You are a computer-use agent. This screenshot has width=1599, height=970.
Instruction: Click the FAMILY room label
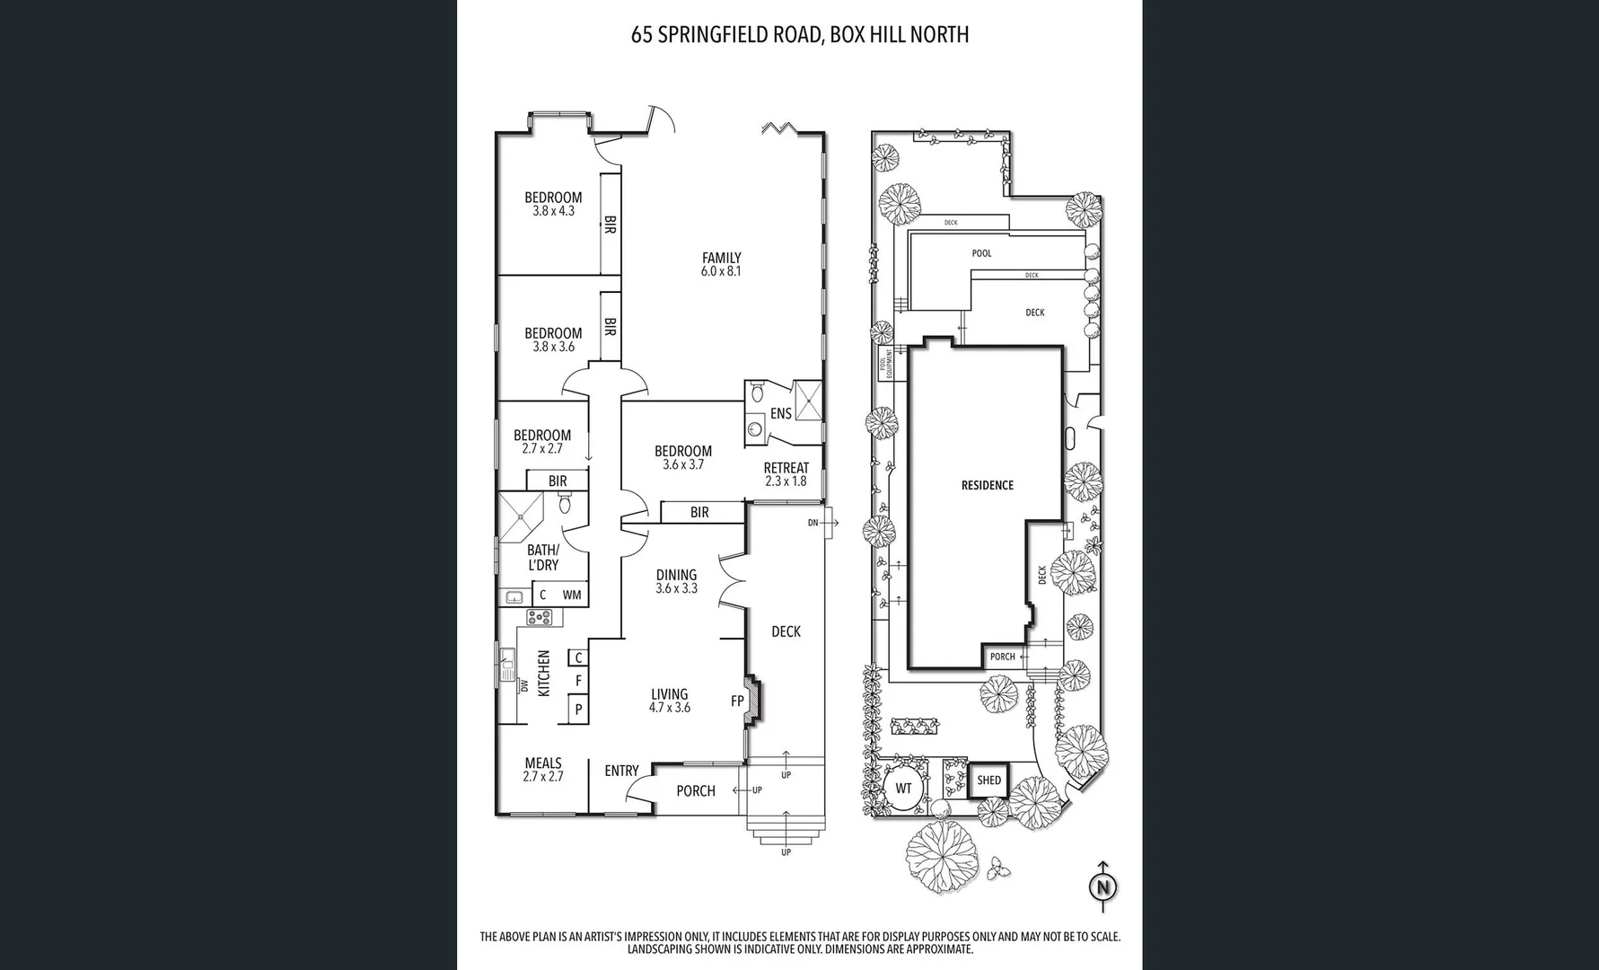tap(721, 258)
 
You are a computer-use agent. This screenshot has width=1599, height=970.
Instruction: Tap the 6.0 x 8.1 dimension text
tap(721, 271)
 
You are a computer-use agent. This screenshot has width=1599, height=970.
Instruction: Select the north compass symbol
tap(1103, 886)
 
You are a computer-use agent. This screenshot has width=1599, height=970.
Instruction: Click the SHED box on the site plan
tap(988, 780)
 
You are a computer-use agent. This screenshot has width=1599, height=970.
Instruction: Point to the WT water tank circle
tap(903, 789)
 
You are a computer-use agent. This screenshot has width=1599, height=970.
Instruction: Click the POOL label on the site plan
tap(981, 253)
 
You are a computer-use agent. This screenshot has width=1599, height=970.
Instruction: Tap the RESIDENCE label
tap(987, 485)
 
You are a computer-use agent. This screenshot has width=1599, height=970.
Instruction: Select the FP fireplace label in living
tap(737, 701)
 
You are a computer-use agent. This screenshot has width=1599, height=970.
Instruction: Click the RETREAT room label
tap(786, 468)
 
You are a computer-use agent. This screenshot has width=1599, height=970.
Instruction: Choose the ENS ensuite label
tap(780, 413)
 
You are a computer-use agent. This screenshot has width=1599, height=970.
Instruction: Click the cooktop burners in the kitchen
tap(540, 617)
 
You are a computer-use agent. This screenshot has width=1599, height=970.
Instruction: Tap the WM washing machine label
tap(571, 595)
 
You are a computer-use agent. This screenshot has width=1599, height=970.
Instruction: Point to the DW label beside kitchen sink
tap(523, 685)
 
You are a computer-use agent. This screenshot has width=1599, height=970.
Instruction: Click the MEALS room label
tap(543, 763)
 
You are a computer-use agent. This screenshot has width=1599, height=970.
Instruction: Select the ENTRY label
tap(621, 771)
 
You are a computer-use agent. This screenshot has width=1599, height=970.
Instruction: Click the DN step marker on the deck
tap(813, 522)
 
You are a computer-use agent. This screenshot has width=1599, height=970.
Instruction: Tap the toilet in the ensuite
tap(756, 392)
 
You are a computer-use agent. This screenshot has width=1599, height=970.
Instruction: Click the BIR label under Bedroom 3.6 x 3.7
tap(699, 512)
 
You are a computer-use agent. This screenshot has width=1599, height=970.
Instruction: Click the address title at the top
tap(799, 35)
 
